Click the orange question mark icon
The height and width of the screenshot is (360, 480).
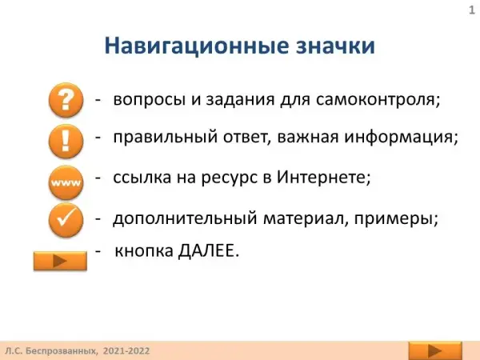pos(66,100)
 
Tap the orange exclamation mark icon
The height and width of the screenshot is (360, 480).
pos(66,141)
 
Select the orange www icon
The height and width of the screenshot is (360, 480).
pos(66,182)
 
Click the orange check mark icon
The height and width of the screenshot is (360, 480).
pos(66,220)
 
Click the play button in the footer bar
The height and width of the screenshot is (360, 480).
pos(435,351)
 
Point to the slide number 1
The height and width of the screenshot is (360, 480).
pos(472,10)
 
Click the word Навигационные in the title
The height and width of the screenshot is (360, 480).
pos(197,46)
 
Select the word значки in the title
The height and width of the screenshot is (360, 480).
pos(335,46)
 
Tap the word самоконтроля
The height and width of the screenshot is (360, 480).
pos(378,100)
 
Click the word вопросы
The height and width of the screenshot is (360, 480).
pos(150,101)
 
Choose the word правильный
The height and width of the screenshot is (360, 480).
pos(166,137)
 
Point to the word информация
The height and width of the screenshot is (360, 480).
pos(401,137)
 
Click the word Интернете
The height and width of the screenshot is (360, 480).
pos(323,177)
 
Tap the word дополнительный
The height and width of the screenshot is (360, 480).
pos(185,218)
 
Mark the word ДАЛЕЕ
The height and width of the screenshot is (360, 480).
pos(208,251)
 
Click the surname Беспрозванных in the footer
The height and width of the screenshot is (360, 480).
pos(61,351)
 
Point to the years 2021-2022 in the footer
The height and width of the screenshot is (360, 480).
pos(126,351)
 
